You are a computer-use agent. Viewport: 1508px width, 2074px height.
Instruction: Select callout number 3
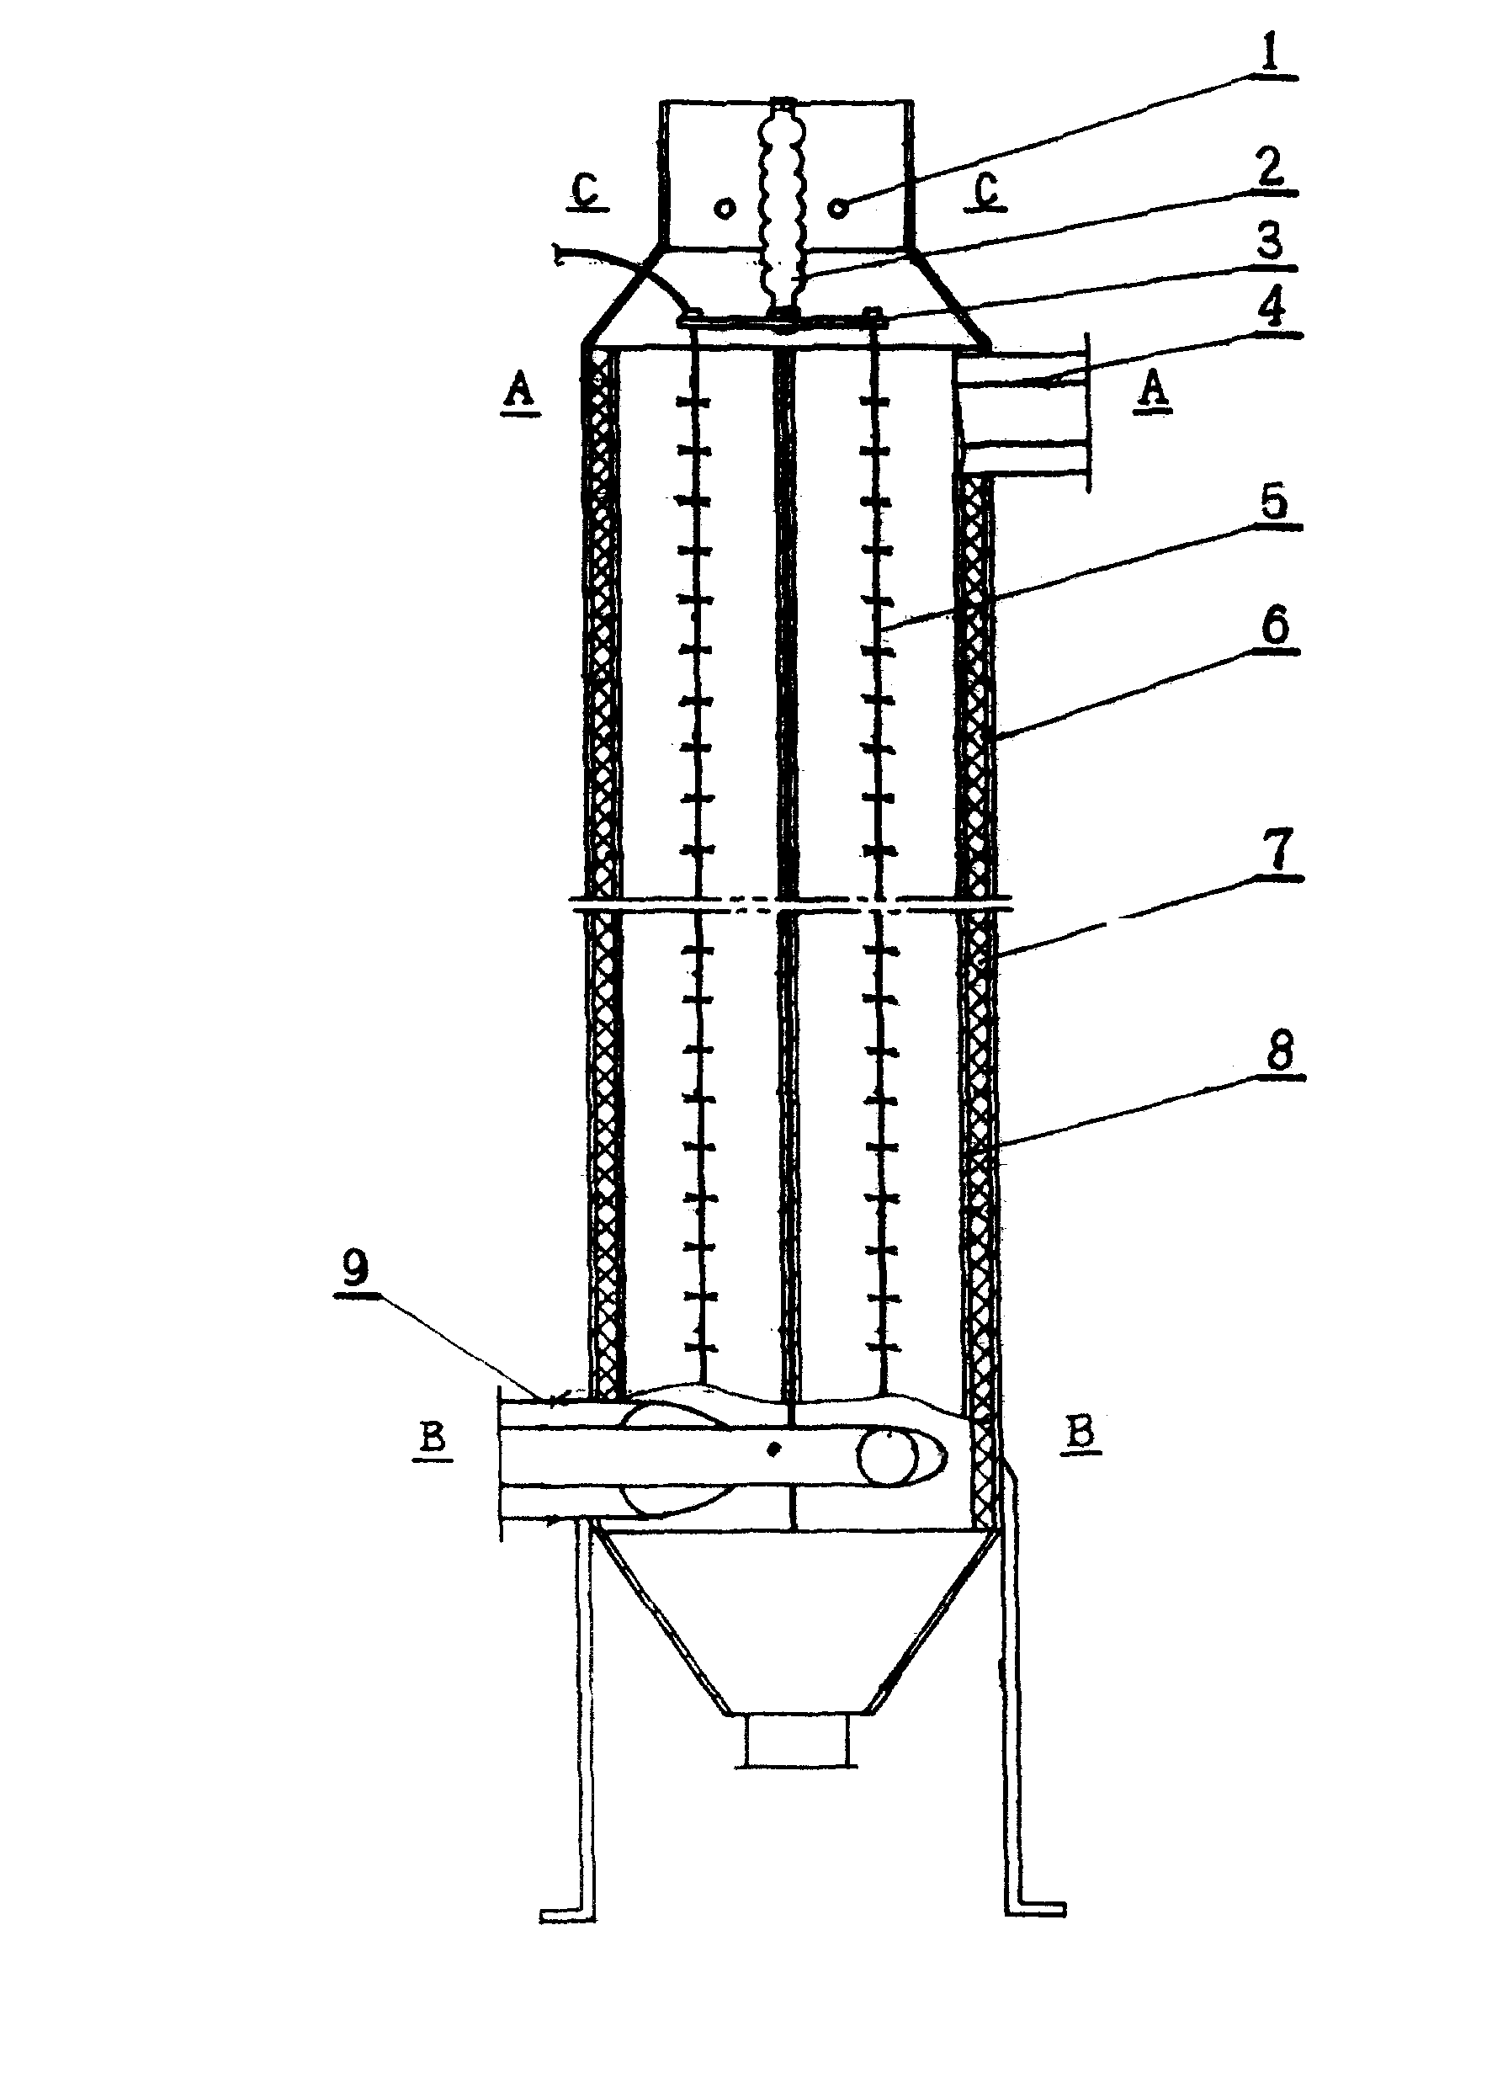pyautogui.click(x=1270, y=242)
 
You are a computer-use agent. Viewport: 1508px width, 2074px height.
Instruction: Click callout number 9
pyautogui.click(x=355, y=1267)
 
